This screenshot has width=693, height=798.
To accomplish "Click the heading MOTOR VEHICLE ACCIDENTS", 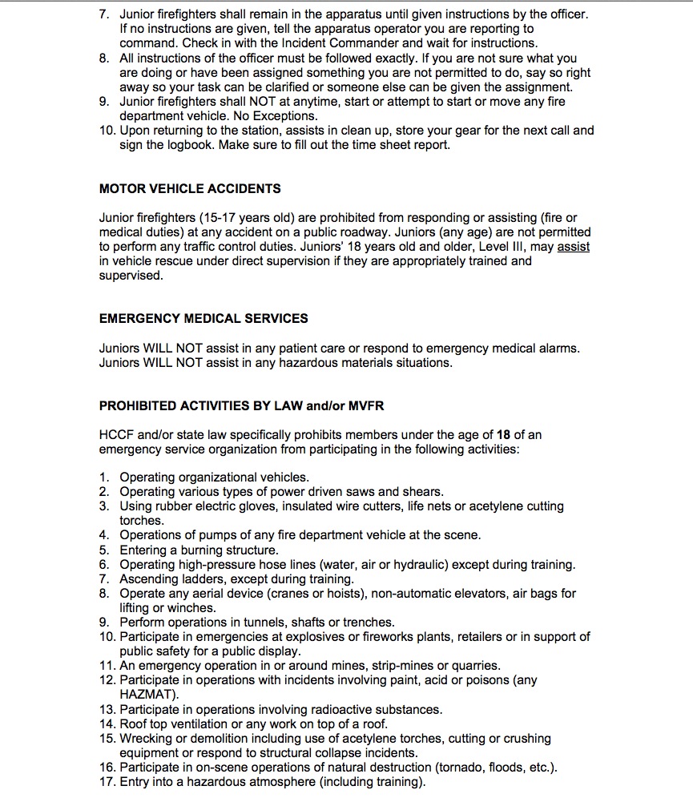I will (x=189, y=189).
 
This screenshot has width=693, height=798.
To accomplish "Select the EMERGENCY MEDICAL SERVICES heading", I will (x=203, y=318).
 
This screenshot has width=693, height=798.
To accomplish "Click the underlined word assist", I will (x=573, y=247).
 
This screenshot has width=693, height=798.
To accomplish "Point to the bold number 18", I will (x=503, y=435).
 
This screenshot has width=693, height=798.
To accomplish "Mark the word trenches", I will (x=368, y=622).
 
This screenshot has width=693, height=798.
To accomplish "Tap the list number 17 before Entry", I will (x=107, y=782).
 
